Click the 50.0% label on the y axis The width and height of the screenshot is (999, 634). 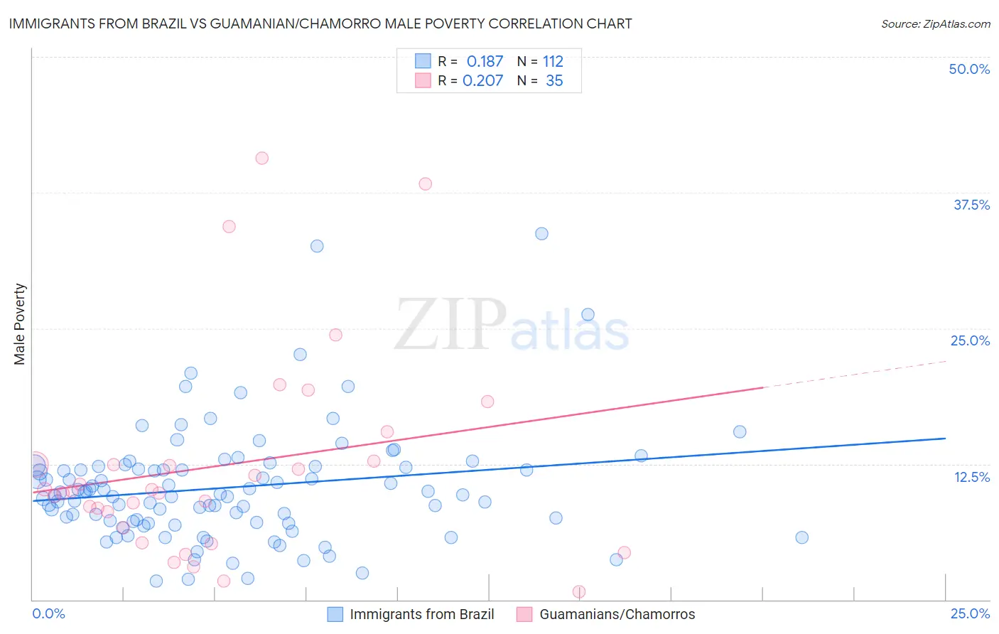969,69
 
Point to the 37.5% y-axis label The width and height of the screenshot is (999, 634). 971,205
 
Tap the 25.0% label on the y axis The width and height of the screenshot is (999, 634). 970,340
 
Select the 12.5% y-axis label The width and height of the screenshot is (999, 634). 971,477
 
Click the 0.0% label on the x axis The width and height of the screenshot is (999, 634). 48,613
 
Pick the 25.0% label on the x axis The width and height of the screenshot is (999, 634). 970,613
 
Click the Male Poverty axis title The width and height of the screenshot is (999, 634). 20,324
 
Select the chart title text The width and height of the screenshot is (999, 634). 320,24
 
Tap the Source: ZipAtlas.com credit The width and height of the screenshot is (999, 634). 935,24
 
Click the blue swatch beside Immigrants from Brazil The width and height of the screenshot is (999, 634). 335,614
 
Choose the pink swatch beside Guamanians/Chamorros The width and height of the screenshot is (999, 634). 524,614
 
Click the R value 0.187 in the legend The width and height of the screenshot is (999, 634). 485,62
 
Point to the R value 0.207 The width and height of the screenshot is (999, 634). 482,81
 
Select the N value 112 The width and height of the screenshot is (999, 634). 553,62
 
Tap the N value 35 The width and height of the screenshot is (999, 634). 554,81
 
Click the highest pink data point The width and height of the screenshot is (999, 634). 261,158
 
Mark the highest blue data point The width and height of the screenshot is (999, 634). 541,234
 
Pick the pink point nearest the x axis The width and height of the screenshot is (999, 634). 579,591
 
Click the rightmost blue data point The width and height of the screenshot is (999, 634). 801,537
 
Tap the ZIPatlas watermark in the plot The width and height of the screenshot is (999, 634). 512,326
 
